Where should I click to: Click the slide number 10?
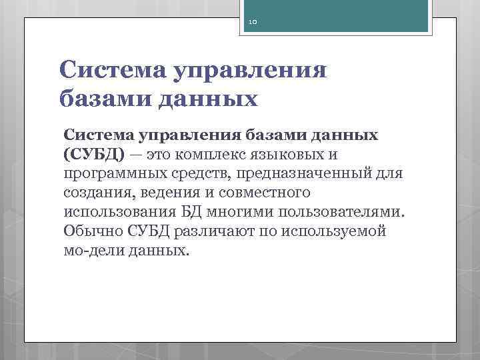point(253,22)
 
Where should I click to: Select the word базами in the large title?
point(104,99)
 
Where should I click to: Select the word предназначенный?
point(322,174)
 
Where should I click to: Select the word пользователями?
point(347,212)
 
